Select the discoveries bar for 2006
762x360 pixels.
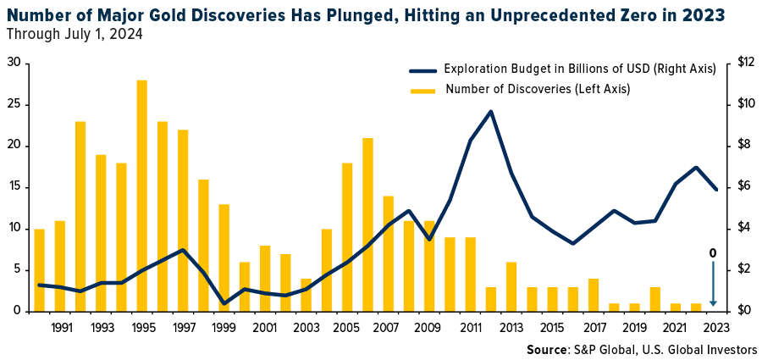(368, 224)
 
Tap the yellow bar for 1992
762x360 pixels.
(80, 216)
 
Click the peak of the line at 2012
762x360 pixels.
(491, 111)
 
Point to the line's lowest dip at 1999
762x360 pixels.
(224, 303)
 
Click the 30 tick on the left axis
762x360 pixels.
(14, 63)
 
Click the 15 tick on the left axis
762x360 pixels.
(14, 186)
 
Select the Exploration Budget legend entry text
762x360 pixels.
(580, 69)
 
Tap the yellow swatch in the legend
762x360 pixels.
(422, 89)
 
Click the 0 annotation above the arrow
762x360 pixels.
(713, 252)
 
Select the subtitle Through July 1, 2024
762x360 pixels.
(74, 35)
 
